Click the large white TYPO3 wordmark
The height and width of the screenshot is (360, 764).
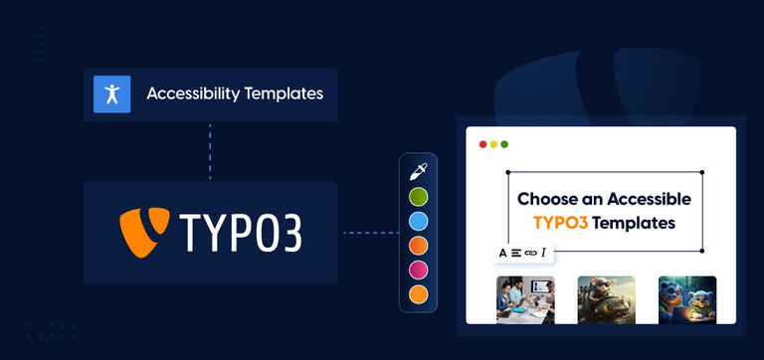[240, 233]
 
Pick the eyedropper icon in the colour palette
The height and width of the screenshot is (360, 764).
[419, 169]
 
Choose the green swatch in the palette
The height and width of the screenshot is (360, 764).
[419, 195]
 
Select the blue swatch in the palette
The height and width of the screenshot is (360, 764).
[419, 220]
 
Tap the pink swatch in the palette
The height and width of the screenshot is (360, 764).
[419, 270]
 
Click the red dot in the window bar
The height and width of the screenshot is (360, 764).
[483, 144]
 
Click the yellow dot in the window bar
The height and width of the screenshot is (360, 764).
[493, 144]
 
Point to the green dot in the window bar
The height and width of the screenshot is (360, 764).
[504, 144]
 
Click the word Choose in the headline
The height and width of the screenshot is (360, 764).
[545, 199]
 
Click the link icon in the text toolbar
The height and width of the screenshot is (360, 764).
[530, 253]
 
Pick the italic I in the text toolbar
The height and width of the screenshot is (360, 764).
[543, 253]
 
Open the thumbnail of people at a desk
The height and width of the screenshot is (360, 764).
[524, 299]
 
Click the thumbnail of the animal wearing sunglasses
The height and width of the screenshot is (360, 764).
[606, 299]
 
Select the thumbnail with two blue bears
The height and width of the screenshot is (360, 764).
[687, 299]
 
